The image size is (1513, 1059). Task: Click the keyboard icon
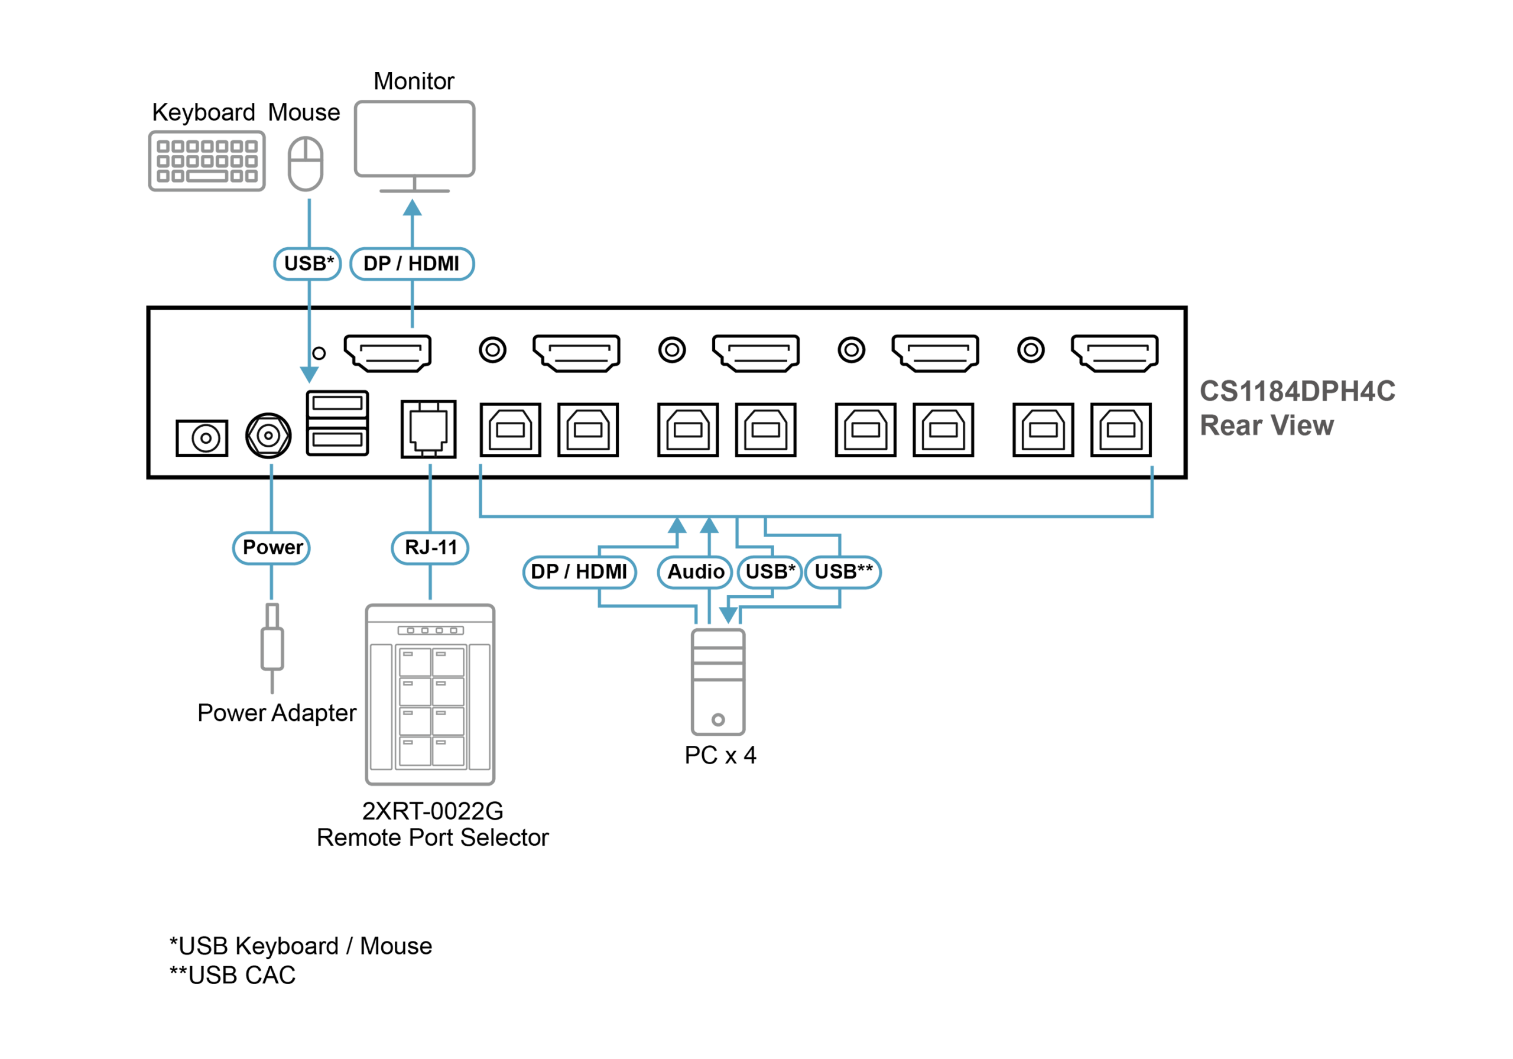tap(207, 161)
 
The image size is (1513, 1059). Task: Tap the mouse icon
tap(306, 164)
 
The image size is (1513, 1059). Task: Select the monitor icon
tap(414, 139)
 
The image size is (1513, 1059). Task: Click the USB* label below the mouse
tap(308, 264)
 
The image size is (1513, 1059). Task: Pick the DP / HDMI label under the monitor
tap(411, 264)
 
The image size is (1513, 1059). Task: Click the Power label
tap(271, 548)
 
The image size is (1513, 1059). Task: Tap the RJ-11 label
tap(430, 548)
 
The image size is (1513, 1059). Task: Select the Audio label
tap(695, 571)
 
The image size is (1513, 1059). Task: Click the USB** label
tap(843, 571)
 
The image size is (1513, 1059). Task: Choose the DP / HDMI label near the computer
tap(579, 571)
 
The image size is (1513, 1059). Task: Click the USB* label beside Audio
tap(770, 571)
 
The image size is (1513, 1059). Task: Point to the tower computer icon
tap(718, 682)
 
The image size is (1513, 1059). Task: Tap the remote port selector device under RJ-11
tap(430, 694)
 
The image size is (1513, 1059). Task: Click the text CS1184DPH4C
tap(1296, 391)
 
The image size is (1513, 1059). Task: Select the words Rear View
tap(1266, 425)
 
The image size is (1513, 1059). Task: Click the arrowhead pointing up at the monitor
tap(413, 208)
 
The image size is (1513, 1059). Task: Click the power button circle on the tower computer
tap(718, 719)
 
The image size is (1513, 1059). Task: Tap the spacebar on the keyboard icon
tap(206, 176)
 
